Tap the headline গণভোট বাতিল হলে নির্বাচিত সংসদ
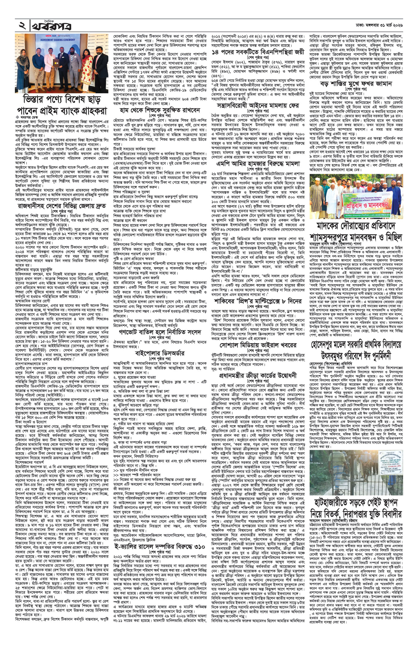pos(157,332)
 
